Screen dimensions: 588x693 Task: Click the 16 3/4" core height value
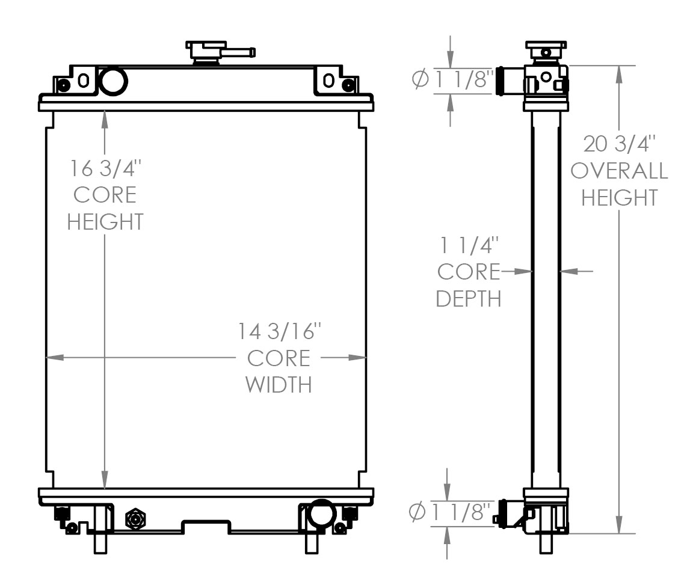[x=105, y=168]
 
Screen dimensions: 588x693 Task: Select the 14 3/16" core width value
[x=279, y=331]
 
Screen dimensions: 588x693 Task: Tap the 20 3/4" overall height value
[x=619, y=144]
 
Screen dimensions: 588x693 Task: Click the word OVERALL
[x=619, y=171]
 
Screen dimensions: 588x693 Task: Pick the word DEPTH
[x=469, y=298]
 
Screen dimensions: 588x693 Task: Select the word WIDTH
[x=279, y=385]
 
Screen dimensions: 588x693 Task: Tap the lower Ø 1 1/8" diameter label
[x=451, y=512]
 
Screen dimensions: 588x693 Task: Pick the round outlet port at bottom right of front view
[x=321, y=513]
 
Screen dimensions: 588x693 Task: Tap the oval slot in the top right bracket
[x=328, y=80]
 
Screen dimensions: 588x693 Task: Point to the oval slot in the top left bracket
[x=84, y=80]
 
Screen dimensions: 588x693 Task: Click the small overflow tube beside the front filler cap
[x=242, y=52]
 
